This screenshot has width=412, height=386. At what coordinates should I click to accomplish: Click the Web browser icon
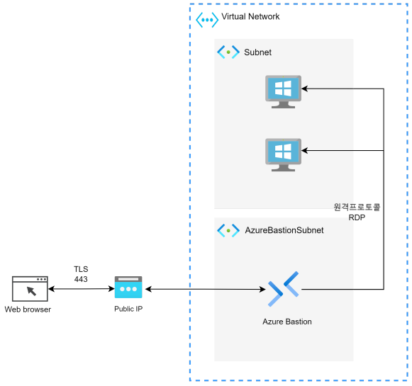pos(30,289)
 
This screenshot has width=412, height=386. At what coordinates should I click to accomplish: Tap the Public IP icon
pos(128,287)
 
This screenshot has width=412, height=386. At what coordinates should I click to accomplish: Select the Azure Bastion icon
pos(283,289)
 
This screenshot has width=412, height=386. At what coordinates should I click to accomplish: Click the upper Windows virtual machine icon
pos(283,91)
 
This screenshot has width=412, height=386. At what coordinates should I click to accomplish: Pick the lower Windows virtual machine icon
pos(283,155)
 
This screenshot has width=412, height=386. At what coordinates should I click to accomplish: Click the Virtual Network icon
pos(207,20)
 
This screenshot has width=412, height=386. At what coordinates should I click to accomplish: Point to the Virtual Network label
pos(250,16)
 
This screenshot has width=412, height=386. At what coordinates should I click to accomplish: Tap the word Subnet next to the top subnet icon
pos(257,52)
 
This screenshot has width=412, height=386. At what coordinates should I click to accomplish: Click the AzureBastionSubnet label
pos(284,230)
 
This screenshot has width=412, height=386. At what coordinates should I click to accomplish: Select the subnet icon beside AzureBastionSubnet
pos(228,231)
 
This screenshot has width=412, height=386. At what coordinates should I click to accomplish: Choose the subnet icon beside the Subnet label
pos(228,52)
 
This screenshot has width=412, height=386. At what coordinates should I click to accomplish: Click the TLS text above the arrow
pos(81,269)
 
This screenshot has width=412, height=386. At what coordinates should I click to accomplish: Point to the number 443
pos(81,279)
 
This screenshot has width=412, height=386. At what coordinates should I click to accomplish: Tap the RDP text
pos(357,217)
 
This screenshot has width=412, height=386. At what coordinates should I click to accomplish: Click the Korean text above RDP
pos(357,207)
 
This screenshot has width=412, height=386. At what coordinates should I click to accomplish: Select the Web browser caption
pos(28,310)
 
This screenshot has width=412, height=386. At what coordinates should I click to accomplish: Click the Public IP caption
pos(128,309)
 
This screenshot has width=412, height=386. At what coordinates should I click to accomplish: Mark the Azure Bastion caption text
pos(287,322)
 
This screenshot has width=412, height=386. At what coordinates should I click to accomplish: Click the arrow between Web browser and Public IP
pos(82,289)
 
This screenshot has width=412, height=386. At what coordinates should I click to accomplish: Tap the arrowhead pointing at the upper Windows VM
pos(304,89)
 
